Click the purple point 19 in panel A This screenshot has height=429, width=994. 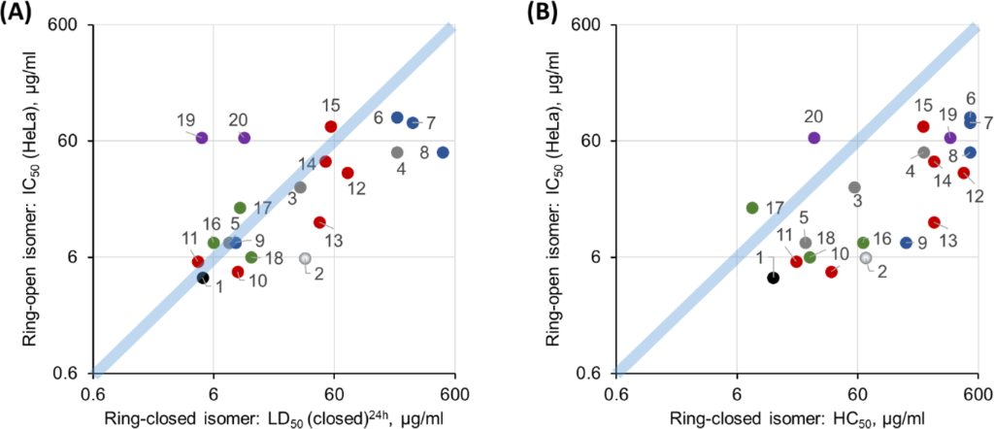click(x=202, y=138)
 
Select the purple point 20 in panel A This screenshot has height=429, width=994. click(x=245, y=138)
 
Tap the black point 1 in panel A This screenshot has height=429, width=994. click(x=203, y=278)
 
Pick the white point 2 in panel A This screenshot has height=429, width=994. click(x=305, y=259)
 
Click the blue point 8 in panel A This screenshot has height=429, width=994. click(x=443, y=152)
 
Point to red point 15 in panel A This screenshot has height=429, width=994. click(x=331, y=126)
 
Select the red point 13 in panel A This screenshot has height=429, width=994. click(x=319, y=222)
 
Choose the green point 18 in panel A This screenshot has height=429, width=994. click(x=251, y=257)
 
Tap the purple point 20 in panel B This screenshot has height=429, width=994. click(x=814, y=138)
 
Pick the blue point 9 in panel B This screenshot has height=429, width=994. click(x=907, y=243)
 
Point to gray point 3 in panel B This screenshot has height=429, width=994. click(x=854, y=187)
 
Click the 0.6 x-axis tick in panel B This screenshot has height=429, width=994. click(x=614, y=392)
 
